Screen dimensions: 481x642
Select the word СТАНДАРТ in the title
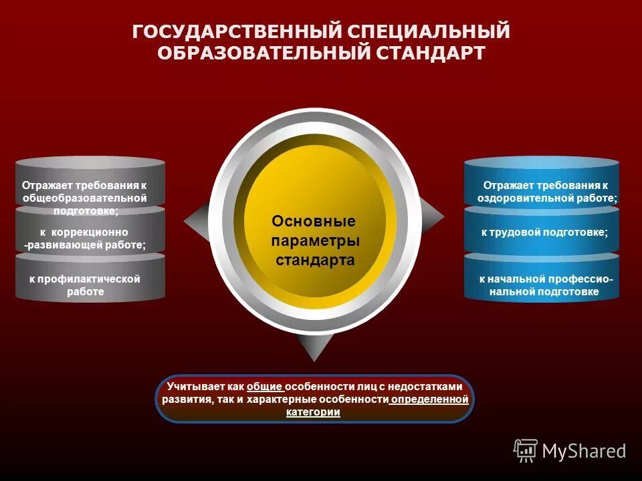point(427,53)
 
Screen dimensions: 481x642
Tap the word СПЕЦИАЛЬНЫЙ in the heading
point(427,31)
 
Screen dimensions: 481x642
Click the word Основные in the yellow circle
point(314,221)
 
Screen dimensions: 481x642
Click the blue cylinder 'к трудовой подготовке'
point(542,232)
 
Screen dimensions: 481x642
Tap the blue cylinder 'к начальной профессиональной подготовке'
point(542,285)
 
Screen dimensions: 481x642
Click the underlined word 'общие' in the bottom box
point(264,387)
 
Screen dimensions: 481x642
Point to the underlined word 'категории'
point(314,412)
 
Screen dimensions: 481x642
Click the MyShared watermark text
point(584,451)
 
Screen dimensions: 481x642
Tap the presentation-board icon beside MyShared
point(526,451)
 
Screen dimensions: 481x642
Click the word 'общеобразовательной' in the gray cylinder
point(84,198)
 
